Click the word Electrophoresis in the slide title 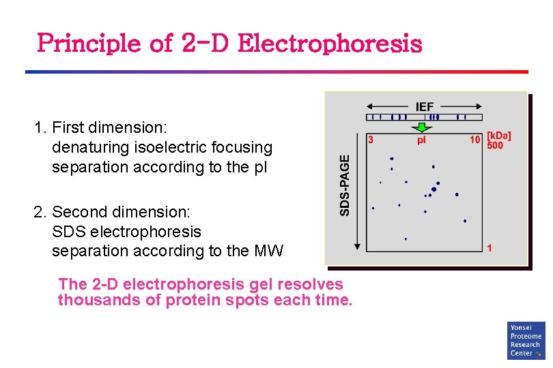[330, 44]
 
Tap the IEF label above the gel [425, 106]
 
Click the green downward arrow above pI [423, 127]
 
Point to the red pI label [421, 140]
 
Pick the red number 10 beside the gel [475, 140]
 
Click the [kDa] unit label [498, 136]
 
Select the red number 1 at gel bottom [490, 248]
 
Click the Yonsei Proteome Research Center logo [526, 340]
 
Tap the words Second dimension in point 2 [122, 213]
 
